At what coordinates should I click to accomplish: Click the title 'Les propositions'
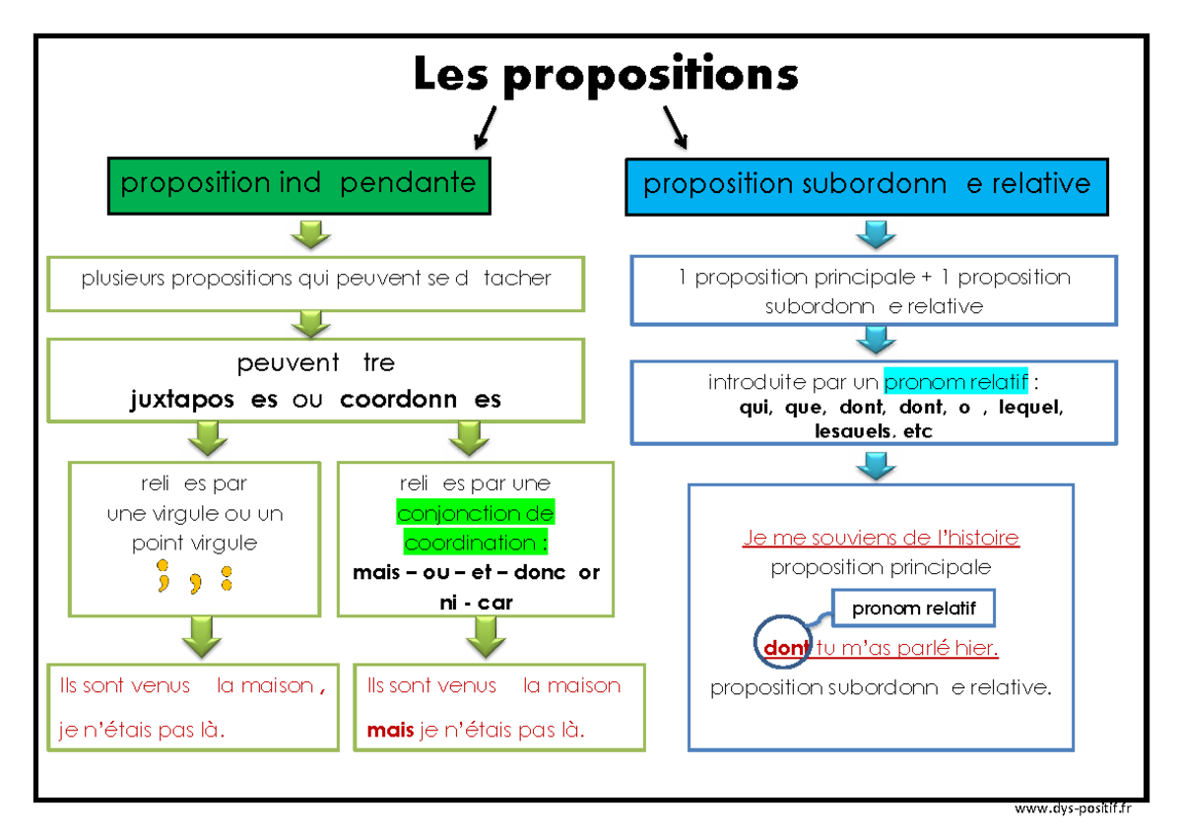point(605,75)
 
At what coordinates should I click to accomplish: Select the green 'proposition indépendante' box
point(298,184)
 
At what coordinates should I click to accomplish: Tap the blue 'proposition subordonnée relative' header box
point(867,185)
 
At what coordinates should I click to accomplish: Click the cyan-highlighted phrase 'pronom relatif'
point(955,382)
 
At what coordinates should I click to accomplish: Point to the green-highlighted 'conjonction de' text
point(476,513)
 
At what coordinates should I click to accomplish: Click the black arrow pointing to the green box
point(486,128)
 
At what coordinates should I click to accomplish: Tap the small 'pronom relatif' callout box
point(913,609)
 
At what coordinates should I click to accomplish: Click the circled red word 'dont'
point(785,647)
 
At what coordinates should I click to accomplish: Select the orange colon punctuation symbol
point(227,578)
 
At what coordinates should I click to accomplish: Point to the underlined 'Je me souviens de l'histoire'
point(881,538)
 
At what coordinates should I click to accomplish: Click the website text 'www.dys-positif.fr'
point(1073,809)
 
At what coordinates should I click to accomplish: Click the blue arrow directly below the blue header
point(875,236)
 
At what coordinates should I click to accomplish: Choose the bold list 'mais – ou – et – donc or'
point(476,573)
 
